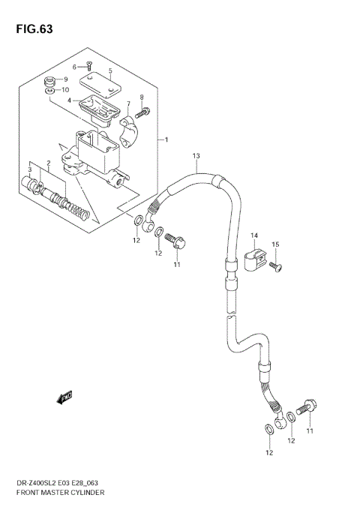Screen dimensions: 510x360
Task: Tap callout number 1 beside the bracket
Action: (x=166, y=140)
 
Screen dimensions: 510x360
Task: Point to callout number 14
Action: (x=254, y=236)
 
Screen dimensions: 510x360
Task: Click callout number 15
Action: (x=275, y=244)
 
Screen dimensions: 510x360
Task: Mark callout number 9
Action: (x=65, y=79)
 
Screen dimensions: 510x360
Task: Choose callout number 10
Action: (x=65, y=90)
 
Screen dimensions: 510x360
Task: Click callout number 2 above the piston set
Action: (x=47, y=163)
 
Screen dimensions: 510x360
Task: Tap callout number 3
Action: (x=30, y=171)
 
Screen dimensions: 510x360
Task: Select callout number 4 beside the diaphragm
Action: (x=69, y=100)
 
